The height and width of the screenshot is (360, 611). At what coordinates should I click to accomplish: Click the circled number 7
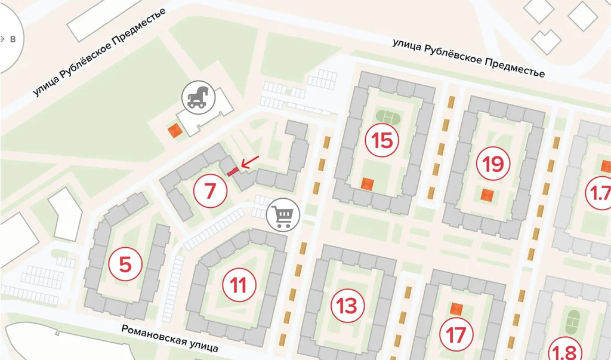(x=209, y=191)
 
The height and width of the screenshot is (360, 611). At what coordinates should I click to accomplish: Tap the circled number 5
(x=125, y=263)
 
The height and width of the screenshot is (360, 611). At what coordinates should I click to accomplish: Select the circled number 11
(x=239, y=285)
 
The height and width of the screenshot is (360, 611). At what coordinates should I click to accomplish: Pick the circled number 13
(x=347, y=306)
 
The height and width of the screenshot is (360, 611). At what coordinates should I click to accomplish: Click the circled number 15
(x=382, y=141)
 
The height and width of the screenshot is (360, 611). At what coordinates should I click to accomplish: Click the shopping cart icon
(x=283, y=216)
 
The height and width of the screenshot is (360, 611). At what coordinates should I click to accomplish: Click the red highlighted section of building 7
(x=233, y=171)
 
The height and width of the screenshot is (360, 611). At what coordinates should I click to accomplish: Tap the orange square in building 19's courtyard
(x=488, y=195)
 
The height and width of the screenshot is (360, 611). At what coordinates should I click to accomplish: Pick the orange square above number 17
(x=456, y=309)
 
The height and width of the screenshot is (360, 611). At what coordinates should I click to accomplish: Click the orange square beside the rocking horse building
(x=175, y=131)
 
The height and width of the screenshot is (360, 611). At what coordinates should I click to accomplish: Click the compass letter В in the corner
(x=12, y=39)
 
